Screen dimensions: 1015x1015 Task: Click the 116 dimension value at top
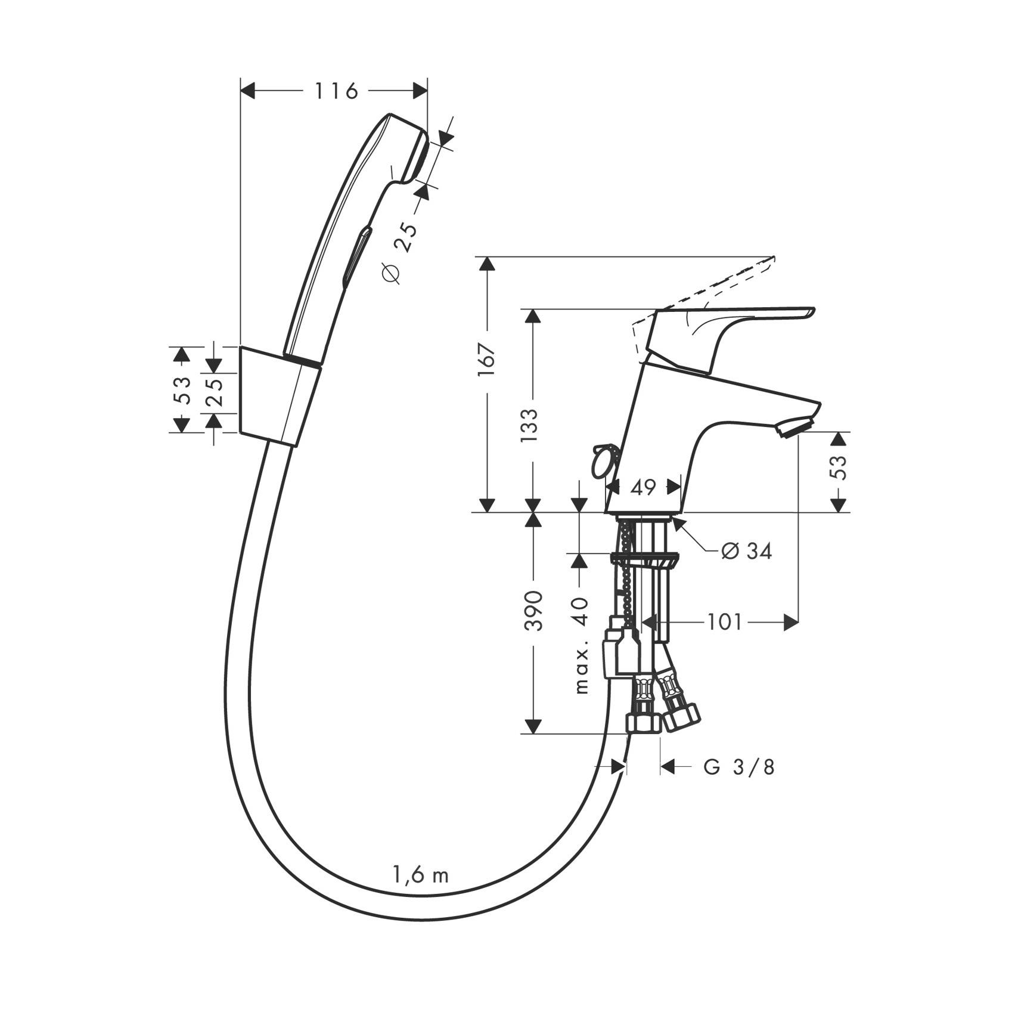click(336, 91)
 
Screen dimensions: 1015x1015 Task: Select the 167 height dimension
click(487, 359)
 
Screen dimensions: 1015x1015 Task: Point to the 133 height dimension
click(529, 425)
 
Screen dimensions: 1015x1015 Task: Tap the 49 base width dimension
click(643, 487)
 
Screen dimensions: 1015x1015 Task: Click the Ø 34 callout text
click(746, 551)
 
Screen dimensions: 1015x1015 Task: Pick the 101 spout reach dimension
click(725, 623)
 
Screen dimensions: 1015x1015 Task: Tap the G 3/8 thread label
click(739, 767)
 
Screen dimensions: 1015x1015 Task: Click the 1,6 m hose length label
click(420, 875)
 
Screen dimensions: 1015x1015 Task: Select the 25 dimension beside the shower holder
click(215, 391)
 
